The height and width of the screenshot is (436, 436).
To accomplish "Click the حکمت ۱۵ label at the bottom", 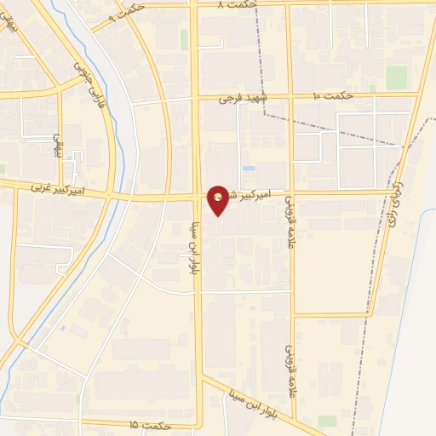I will point(154,424).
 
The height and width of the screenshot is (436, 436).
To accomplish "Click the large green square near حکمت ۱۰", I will point(397,77).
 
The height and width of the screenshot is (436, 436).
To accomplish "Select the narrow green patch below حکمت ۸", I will point(184,38).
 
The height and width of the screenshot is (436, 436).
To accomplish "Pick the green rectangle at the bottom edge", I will point(327,421).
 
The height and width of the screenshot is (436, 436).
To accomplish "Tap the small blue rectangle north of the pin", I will point(248,169).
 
